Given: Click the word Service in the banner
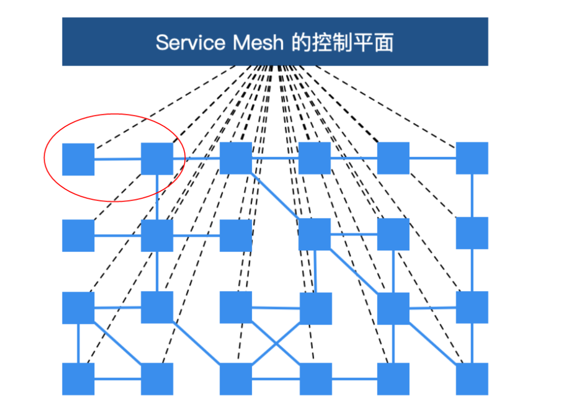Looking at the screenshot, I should coord(191,42).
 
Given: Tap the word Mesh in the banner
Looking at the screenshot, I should coord(258,42).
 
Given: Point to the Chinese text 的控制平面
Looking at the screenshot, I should coord(342,42).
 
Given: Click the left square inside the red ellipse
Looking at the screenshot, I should coord(78,159).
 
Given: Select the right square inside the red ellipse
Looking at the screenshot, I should coord(157,158).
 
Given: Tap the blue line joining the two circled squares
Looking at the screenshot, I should coord(118,159).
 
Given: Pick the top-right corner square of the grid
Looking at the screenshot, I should coord(471,158).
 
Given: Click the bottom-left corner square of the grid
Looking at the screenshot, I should coord(78,378).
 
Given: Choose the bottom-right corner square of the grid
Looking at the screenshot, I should coord(471,378).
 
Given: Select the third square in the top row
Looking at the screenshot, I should coord(236,158).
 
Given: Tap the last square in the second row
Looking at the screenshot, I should coord(471,233).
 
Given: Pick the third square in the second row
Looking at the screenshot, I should coord(236,235).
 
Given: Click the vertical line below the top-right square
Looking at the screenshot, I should coord(472,195).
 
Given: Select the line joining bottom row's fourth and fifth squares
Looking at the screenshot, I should coord(354,379).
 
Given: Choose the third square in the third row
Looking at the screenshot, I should coord(236,307).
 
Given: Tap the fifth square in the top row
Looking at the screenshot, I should coord(393,158).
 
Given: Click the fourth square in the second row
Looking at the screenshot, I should coord(314,234).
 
